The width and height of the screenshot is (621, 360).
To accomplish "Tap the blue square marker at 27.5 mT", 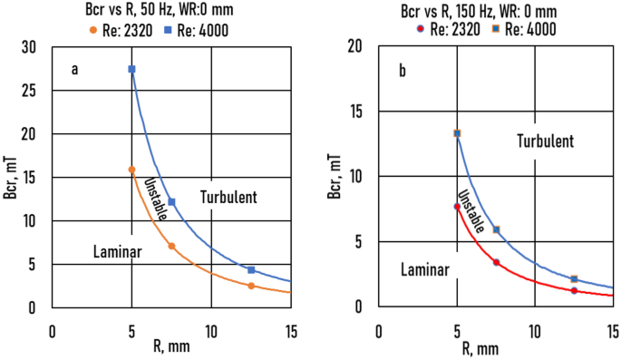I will pyautogui.click(x=132, y=69).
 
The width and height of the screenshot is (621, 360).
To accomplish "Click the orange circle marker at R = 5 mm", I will pyautogui.click(x=132, y=170).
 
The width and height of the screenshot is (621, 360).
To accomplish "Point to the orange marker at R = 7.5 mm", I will pyautogui.click(x=171, y=246).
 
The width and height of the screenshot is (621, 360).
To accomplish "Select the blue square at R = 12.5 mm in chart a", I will pyautogui.click(x=251, y=269).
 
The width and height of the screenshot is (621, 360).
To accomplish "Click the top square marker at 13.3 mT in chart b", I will pyautogui.click(x=457, y=133).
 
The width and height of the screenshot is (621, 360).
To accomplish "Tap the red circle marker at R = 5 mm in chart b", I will pyautogui.click(x=457, y=207).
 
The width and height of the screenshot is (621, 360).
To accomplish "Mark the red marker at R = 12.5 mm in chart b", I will pyautogui.click(x=574, y=290).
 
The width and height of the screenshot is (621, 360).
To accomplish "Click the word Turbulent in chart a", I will pyautogui.click(x=229, y=197).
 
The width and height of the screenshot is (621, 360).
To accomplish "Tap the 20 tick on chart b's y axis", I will pyautogui.click(x=356, y=47).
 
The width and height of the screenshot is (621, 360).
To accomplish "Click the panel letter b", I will pyautogui.click(x=402, y=69).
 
